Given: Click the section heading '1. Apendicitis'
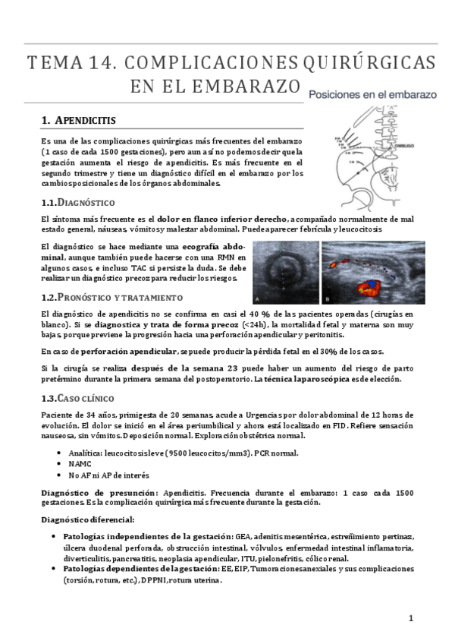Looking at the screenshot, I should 79,120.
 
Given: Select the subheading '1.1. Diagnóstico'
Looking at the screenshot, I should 77,203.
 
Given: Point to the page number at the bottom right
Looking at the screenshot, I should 410,618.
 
